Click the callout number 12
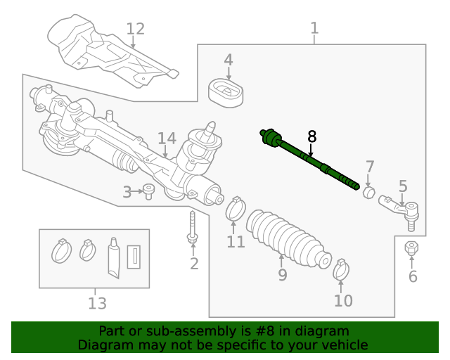135,29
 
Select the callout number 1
314,28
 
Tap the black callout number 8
311,136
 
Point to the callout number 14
167,139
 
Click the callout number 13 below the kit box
97,303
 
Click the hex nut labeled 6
412,249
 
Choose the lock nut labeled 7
368,192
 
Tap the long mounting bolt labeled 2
192,229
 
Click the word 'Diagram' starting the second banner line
103,345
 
